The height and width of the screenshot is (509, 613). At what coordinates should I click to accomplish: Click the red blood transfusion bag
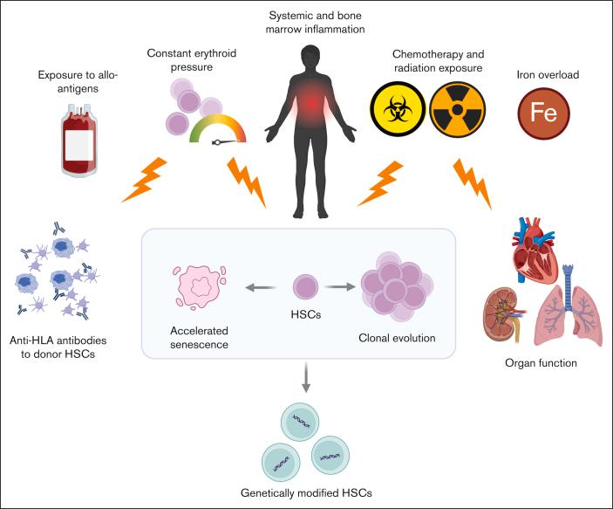[79, 141]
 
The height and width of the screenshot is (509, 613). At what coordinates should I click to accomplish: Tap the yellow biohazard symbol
[398, 109]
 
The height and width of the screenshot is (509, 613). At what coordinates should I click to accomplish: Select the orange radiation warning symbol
[458, 109]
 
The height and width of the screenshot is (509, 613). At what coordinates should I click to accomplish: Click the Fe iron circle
[543, 113]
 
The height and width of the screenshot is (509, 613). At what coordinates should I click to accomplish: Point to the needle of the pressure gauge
[225, 142]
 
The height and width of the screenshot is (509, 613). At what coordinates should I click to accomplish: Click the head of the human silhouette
[311, 58]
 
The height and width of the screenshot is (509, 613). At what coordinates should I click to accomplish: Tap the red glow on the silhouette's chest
[311, 104]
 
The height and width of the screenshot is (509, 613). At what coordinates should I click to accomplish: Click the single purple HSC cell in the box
[306, 287]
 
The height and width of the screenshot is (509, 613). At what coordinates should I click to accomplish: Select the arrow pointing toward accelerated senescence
[261, 288]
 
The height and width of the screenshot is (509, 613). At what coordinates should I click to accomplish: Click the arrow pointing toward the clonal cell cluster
[340, 287]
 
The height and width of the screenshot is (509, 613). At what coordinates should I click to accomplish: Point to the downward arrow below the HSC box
[306, 377]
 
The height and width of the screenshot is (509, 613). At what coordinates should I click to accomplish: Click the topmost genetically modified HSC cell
[300, 422]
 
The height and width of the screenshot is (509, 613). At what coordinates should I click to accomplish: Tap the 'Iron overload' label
[548, 75]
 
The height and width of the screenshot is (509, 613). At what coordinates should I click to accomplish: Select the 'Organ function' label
[541, 363]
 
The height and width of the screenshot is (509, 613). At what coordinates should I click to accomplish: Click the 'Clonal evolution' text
[397, 338]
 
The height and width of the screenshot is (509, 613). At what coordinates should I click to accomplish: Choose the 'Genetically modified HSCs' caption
[306, 492]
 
